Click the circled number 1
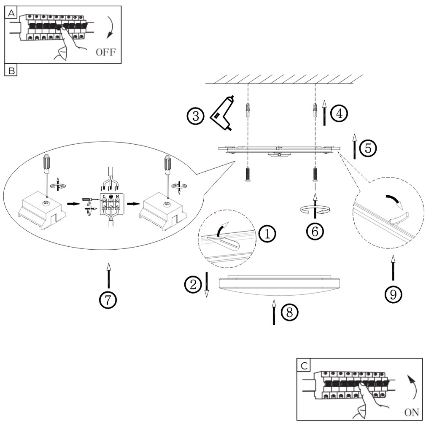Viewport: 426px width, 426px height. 267,234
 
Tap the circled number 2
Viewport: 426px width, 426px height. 192,285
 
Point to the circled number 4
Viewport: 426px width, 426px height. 339,113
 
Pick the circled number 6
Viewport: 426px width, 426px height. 315,230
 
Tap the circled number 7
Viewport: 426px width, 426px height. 108,299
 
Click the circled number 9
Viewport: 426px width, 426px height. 393,294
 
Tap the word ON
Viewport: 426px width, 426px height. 411,413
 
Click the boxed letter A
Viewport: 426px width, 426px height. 11,13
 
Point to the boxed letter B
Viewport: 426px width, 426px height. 11,70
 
